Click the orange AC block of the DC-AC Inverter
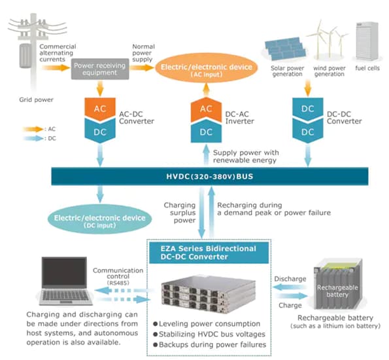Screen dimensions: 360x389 [x=206, y=108]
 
